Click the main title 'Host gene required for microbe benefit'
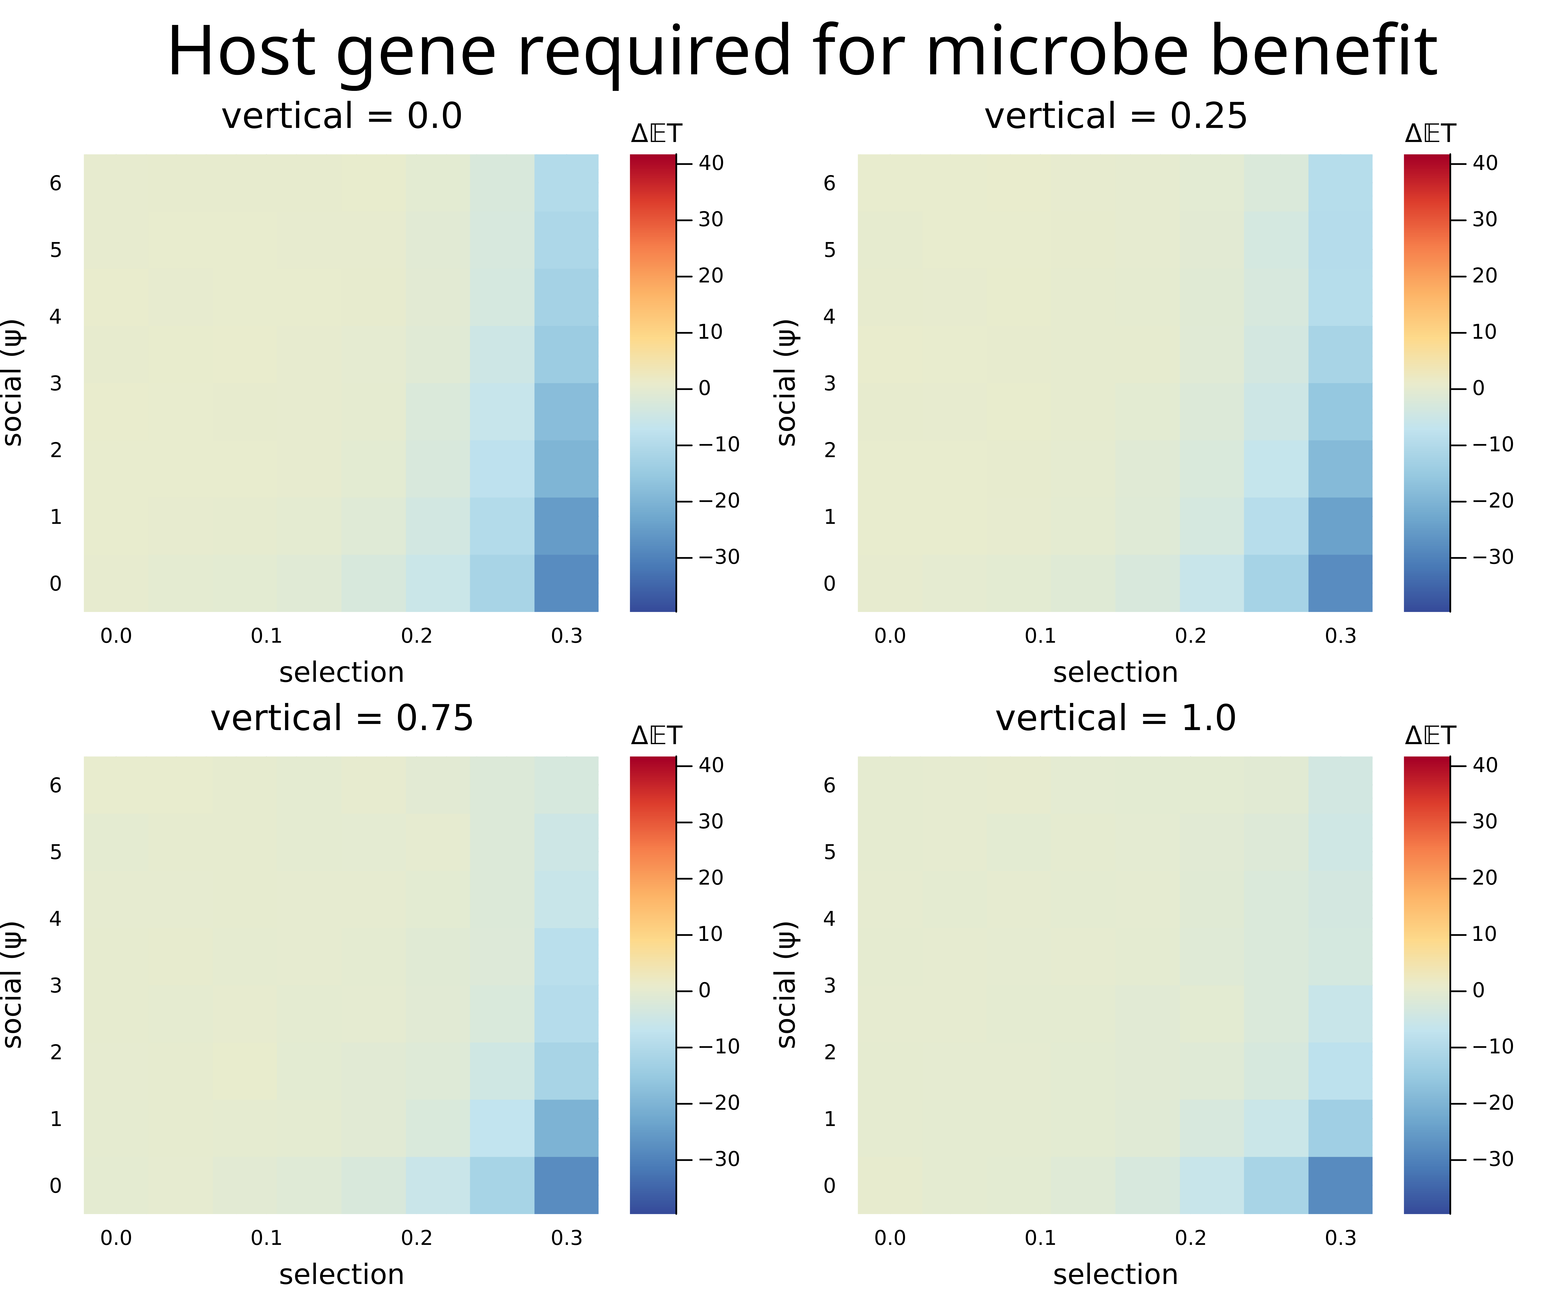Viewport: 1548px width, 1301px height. tap(802, 52)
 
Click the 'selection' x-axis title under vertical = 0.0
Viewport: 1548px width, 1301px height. tap(341, 673)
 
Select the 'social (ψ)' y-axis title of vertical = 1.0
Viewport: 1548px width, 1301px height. tap(787, 985)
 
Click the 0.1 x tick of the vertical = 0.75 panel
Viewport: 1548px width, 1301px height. tap(266, 1238)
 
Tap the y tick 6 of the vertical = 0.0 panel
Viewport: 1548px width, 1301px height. tap(55, 183)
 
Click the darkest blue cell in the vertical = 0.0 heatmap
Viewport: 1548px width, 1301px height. tap(566, 583)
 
